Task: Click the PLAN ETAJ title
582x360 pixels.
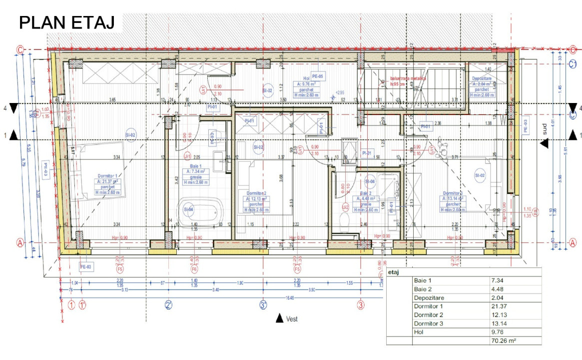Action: pos(66,23)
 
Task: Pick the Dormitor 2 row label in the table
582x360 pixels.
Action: pos(429,314)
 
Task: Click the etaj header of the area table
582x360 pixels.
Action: pos(395,272)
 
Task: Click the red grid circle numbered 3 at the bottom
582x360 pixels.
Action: pos(360,304)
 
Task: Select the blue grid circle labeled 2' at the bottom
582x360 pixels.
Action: pos(169,304)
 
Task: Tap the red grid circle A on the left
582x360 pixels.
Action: pos(20,242)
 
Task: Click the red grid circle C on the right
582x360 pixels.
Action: pos(573,49)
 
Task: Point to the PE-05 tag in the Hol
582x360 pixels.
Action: pos(317,76)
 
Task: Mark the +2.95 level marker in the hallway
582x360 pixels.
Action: pos(340,93)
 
